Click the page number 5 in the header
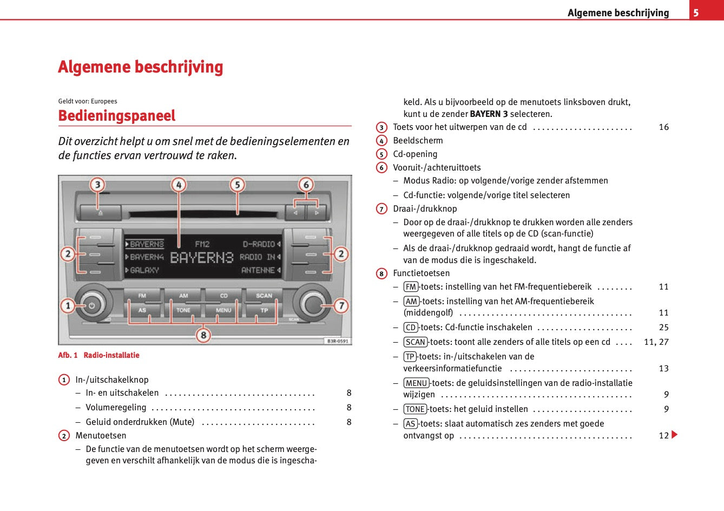pyautogui.click(x=696, y=13)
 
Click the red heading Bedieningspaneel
pyautogui.click(x=117, y=116)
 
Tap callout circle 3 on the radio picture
pyautogui.click(x=97, y=185)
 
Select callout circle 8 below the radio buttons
pyautogui.click(x=203, y=336)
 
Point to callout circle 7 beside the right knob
pyautogui.click(x=341, y=306)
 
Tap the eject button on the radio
pyautogui.click(x=101, y=213)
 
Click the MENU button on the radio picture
pyautogui.click(x=223, y=310)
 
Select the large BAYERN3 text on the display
pyautogui.click(x=201, y=258)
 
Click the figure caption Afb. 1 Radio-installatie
pyautogui.click(x=98, y=355)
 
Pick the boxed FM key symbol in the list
pyautogui.click(x=411, y=287)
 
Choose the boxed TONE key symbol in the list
pyautogui.click(x=415, y=409)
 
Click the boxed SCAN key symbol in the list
pyautogui.click(x=416, y=342)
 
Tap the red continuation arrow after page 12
pyautogui.click(x=674, y=435)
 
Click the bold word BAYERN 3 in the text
pyautogui.click(x=489, y=114)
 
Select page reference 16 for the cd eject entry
pyautogui.click(x=663, y=127)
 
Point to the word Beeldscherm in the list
pyautogui.click(x=418, y=141)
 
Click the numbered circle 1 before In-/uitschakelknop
pyautogui.click(x=64, y=380)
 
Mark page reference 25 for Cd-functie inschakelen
pyautogui.click(x=663, y=327)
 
